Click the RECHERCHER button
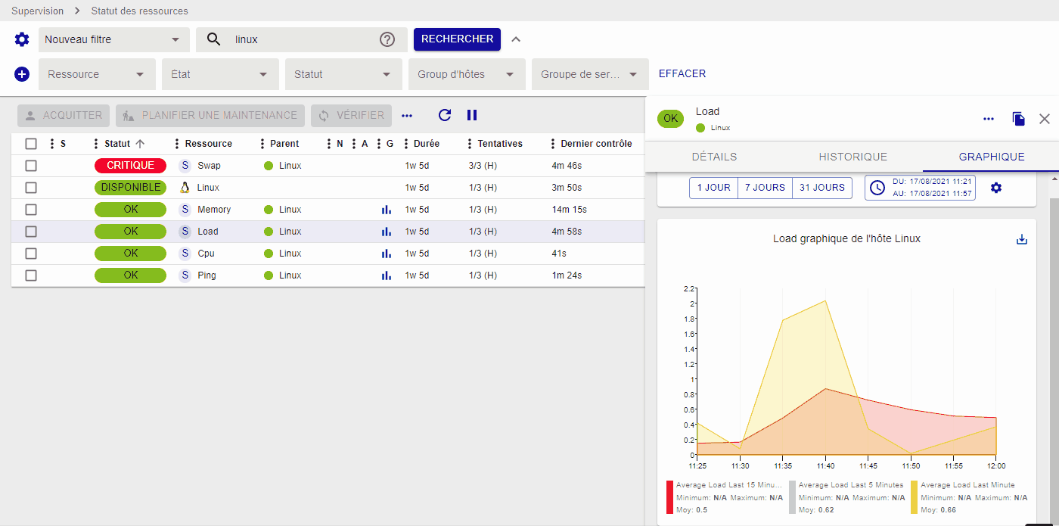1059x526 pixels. pyautogui.click(x=457, y=39)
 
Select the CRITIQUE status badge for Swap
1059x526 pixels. pyautogui.click(x=130, y=165)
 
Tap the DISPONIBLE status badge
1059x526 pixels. pyautogui.click(x=130, y=187)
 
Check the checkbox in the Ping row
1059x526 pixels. pyautogui.click(x=31, y=275)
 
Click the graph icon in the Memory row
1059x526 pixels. pyautogui.click(x=387, y=210)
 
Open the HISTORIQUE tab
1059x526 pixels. pyautogui.click(x=852, y=157)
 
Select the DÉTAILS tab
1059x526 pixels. pyautogui.click(x=714, y=157)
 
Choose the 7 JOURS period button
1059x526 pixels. pyautogui.click(x=765, y=188)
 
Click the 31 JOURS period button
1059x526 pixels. pyautogui.click(x=821, y=188)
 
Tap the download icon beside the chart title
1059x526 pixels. pyautogui.click(x=1022, y=239)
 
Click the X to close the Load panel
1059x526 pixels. pyautogui.click(x=1045, y=119)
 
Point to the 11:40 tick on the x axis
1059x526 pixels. pyautogui.click(x=825, y=465)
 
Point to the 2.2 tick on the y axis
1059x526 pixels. pyautogui.click(x=688, y=288)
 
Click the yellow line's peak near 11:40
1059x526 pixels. pyautogui.click(x=825, y=300)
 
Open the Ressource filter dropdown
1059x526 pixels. pyautogui.click(x=97, y=74)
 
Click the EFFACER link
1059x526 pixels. pyautogui.click(x=682, y=74)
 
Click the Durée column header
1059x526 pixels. pyautogui.click(x=426, y=144)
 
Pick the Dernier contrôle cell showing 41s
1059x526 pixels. pyautogui.click(x=559, y=254)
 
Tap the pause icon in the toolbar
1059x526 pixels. pyautogui.click(x=472, y=115)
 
